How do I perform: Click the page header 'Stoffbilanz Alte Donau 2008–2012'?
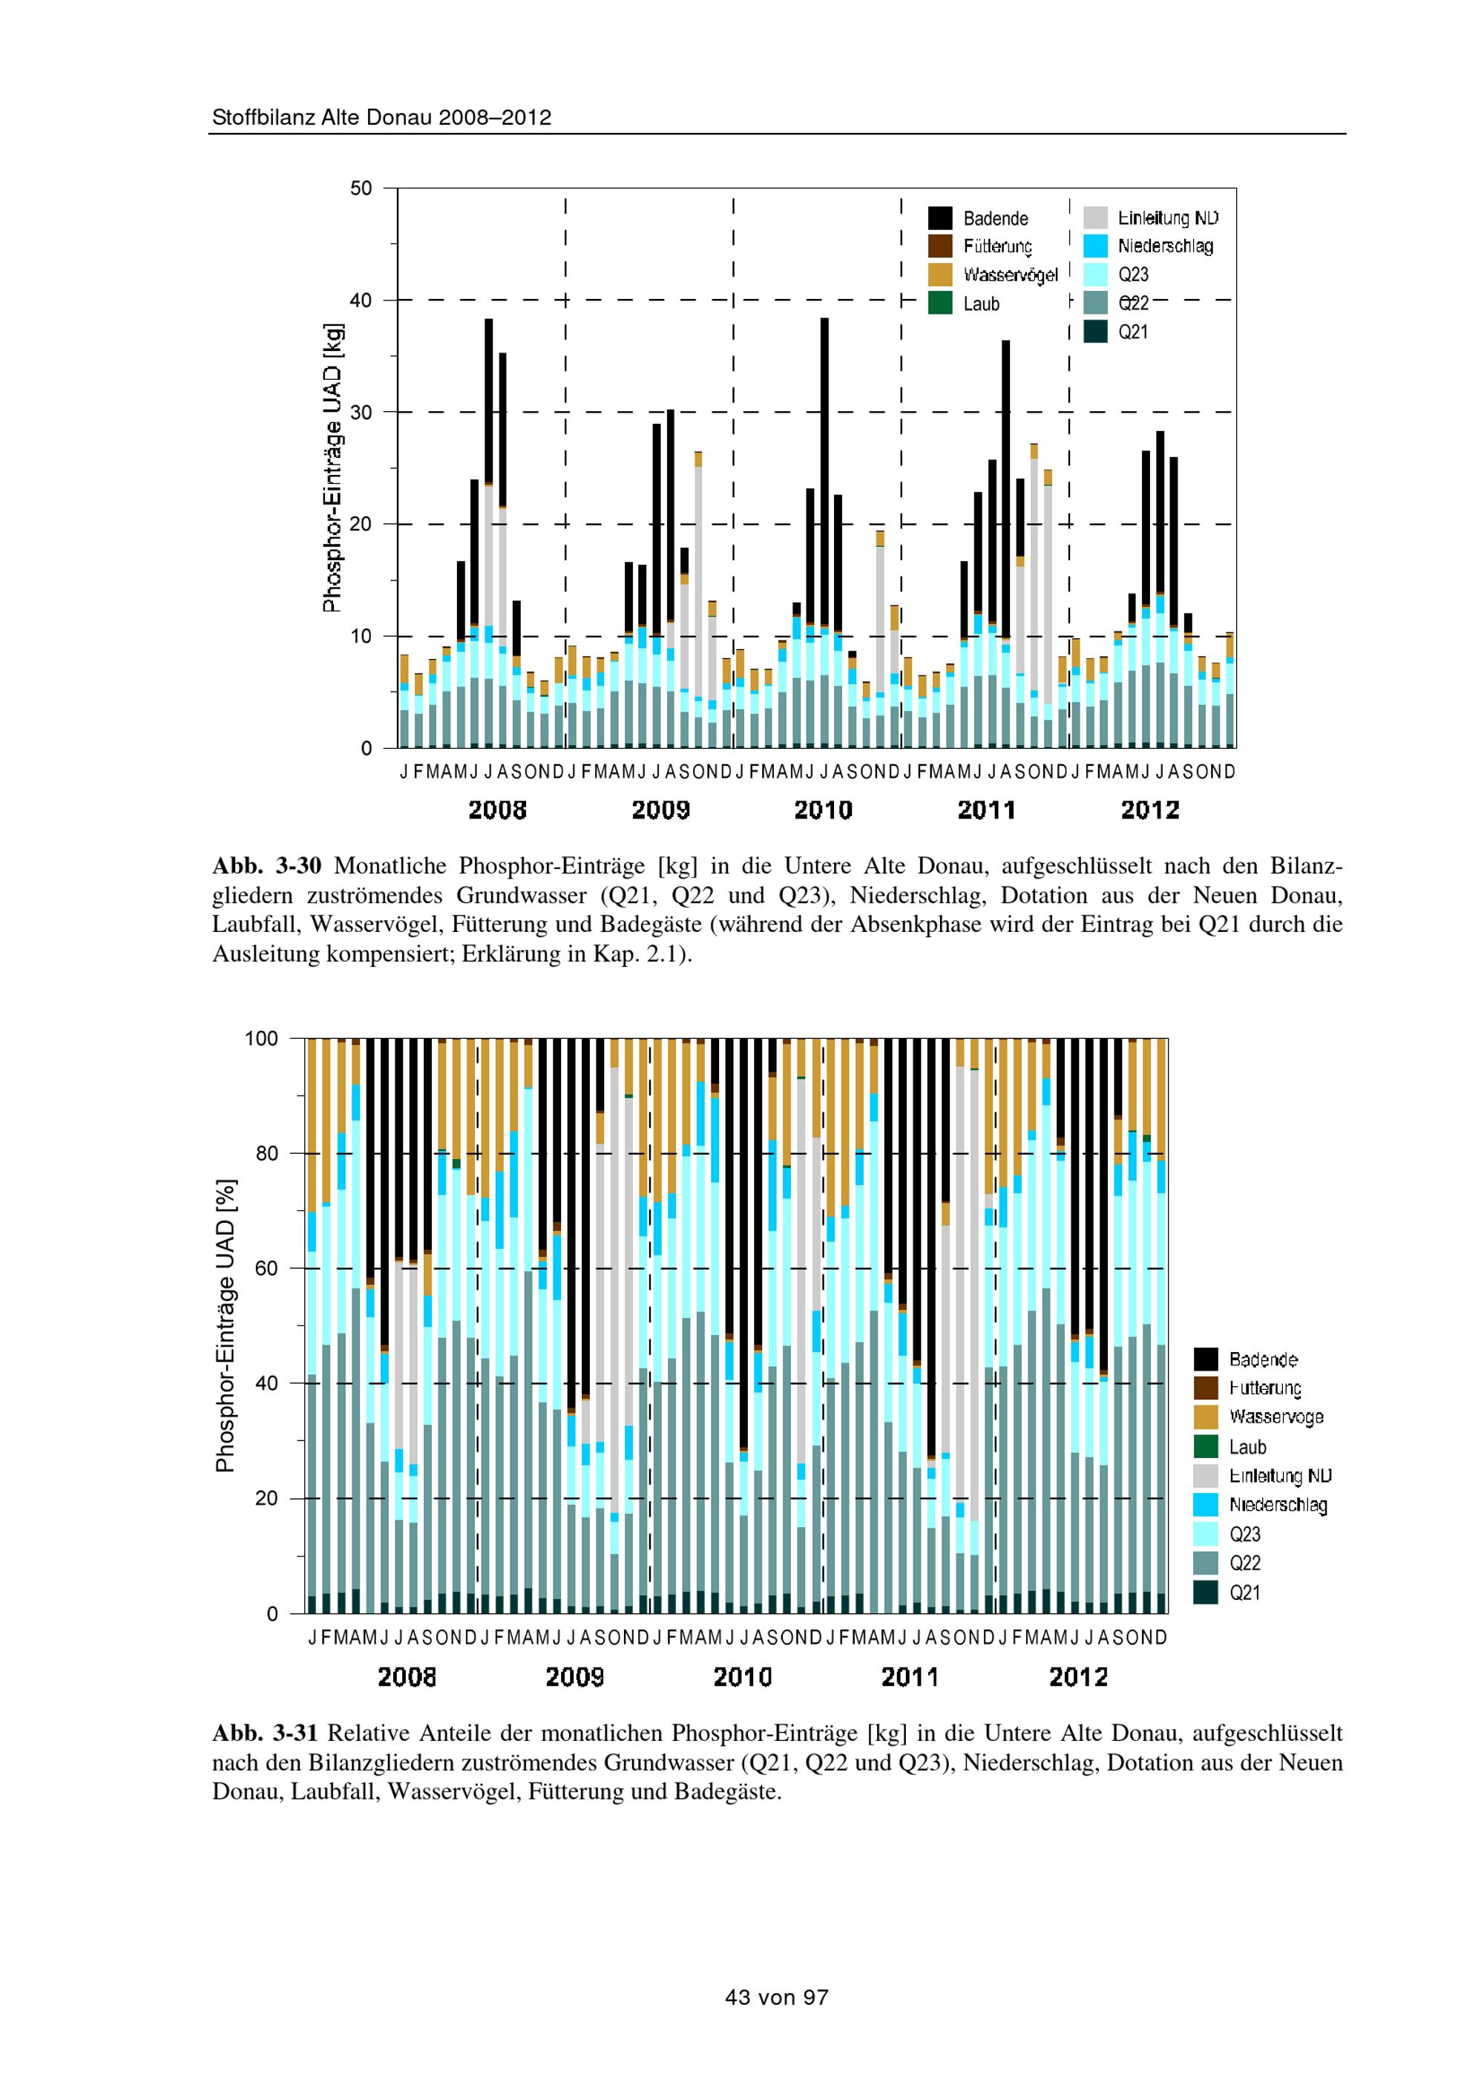(x=381, y=118)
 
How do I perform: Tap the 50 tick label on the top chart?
(x=362, y=188)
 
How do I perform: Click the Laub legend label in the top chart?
(x=981, y=304)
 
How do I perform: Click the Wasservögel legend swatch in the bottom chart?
(x=1206, y=1417)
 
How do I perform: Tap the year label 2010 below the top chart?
(x=823, y=810)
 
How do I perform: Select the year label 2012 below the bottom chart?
(x=1078, y=1678)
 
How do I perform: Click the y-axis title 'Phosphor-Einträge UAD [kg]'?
(x=333, y=467)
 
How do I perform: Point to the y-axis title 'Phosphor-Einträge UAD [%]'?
(x=225, y=1325)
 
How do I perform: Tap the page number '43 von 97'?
(x=776, y=1998)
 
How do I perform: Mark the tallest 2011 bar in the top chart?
(x=1006, y=539)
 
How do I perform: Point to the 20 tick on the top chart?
(x=367, y=524)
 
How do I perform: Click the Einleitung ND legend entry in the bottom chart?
(x=1279, y=1476)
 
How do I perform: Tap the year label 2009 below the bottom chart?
(x=574, y=1678)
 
